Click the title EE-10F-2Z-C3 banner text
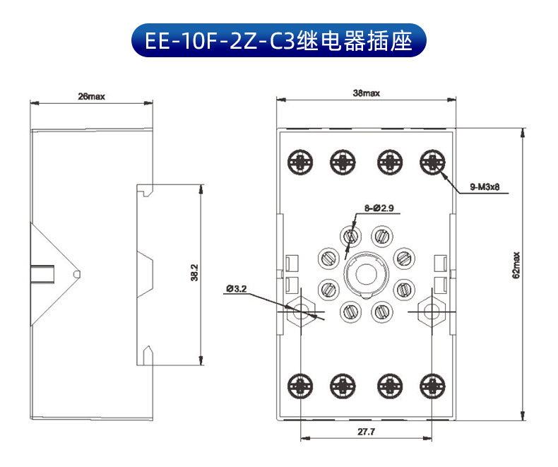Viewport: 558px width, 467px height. pos(278,40)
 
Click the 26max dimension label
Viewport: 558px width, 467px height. pos(91,97)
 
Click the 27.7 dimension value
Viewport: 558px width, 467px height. pos(366,431)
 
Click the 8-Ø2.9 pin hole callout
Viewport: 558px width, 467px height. pos(382,208)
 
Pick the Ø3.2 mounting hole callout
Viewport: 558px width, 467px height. pos(237,288)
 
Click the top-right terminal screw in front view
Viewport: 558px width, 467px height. pos(432,162)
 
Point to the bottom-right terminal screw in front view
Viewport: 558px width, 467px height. pos(432,385)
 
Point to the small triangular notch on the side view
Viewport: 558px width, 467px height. pos(77,273)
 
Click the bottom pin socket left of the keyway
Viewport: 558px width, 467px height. pos(350,309)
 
